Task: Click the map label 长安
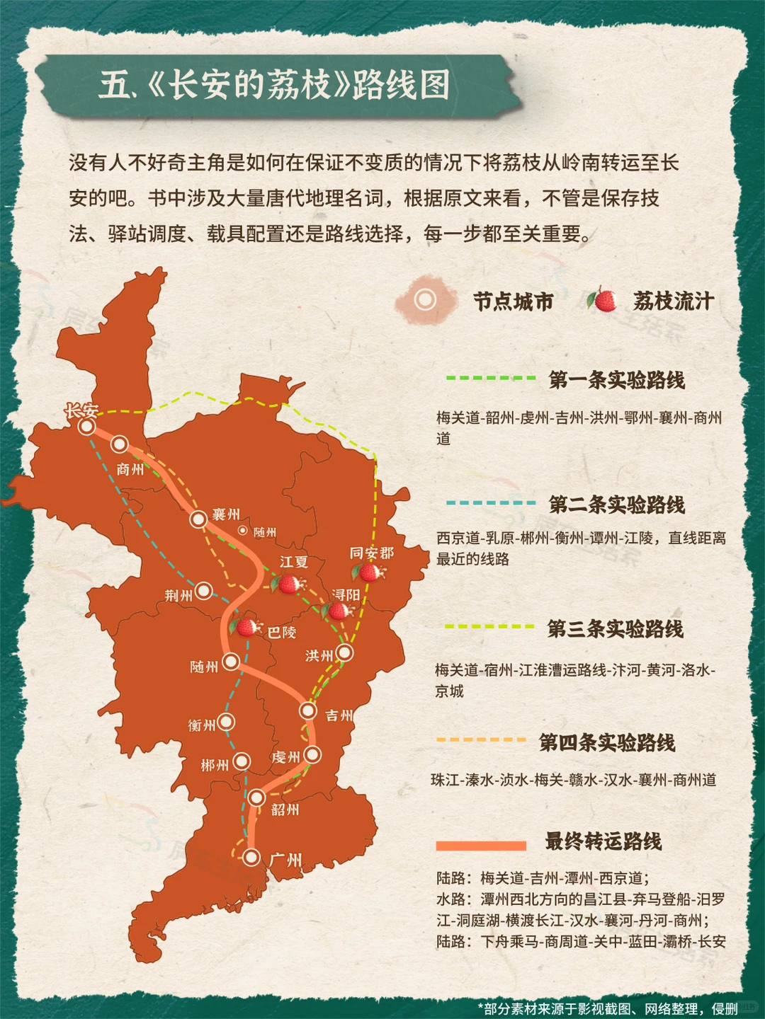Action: tap(81, 410)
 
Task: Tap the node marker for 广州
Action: tap(251, 857)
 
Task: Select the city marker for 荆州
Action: tap(204, 590)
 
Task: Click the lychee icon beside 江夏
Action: tap(288, 584)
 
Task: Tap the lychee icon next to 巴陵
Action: tap(246, 626)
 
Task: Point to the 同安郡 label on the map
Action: tap(372, 553)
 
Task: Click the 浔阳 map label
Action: tap(346, 594)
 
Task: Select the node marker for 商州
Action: tap(120, 444)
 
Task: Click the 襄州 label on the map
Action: tap(226, 514)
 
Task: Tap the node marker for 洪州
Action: tap(345, 652)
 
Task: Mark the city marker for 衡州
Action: tap(227, 722)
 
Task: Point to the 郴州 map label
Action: tap(215, 765)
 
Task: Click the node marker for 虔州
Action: tap(312, 755)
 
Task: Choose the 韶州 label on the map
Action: tap(285, 810)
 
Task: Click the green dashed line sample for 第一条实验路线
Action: tap(490, 378)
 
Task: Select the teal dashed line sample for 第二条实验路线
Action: tap(490, 502)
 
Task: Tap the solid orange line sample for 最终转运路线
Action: tap(481, 846)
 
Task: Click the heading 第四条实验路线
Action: tap(606, 742)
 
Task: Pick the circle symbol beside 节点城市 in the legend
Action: tap(425, 300)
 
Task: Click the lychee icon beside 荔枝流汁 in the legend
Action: tap(603, 300)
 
